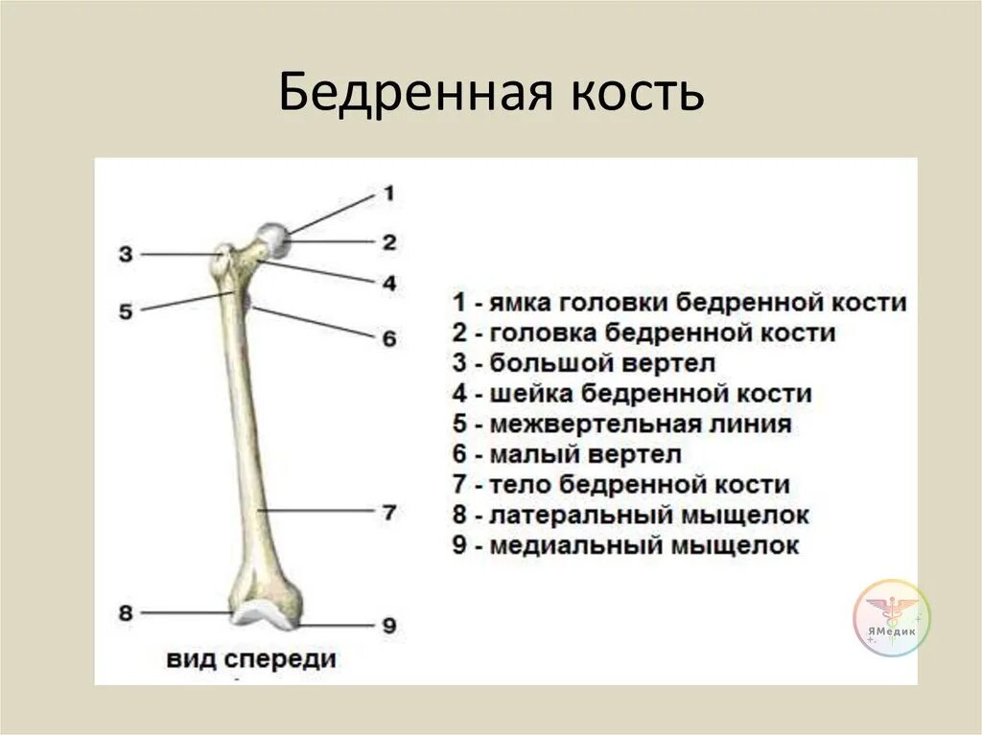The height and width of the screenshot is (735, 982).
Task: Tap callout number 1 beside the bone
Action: click(x=388, y=194)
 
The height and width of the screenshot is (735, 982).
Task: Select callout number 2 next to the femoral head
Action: click(x=388, y=242)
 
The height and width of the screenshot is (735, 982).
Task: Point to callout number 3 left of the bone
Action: click(x=126, y=255)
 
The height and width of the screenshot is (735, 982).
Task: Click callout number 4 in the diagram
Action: click(x=388, y=284)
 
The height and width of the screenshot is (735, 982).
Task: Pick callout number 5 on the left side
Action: click(x=126, y=310)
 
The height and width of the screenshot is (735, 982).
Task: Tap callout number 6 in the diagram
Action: click(x=388, y=338)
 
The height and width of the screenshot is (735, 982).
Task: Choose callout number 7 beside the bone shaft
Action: click(x=388, y=512)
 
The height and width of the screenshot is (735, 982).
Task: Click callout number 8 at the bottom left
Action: click(x=126, y=612)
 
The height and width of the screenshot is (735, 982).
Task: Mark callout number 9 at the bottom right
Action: click(x=388, y=626)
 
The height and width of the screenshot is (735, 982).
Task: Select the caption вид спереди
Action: click(x=251, y=659)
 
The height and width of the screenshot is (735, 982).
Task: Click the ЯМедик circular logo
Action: click(x=892, y=618)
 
